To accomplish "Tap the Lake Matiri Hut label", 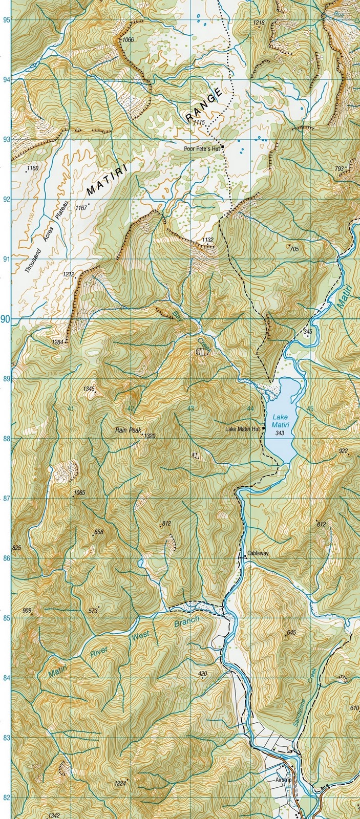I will tap(243, 429).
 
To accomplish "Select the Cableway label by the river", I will tap(257, 553).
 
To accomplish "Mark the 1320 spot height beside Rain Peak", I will tap(149, 436).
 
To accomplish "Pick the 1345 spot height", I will tap(89, 389).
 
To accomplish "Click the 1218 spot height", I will tap(259, 23).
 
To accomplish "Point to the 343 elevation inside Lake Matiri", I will tap(280, 433).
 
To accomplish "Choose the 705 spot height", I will tap(294, 249).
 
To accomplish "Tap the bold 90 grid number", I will tap(5, 319).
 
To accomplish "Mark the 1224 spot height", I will tap(120, 783).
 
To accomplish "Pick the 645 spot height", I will tap(291, 633).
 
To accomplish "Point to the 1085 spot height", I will tap(79, 493).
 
